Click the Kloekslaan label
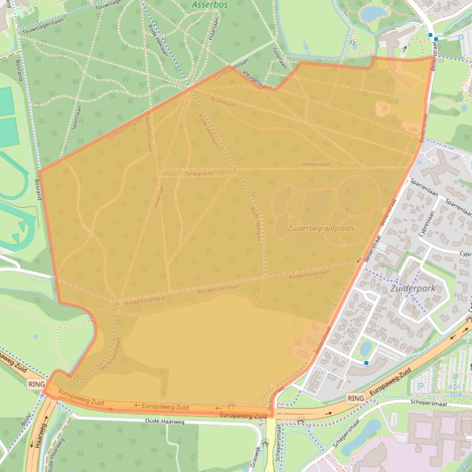[x=317, y=164]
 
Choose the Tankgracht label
[x=199, y=174]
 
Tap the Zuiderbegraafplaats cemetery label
[x=321, y=228]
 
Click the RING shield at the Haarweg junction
[x=36, y=384]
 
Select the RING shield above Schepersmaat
[x=356, y=398]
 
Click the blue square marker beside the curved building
[x=366, y=363]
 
